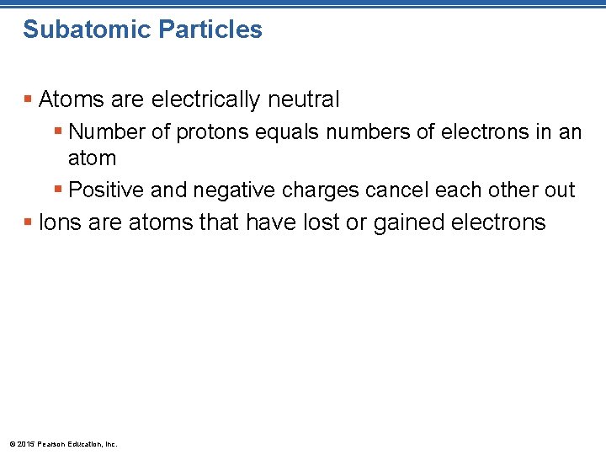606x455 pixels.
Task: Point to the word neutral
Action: coord(304,100)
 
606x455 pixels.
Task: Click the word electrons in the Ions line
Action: coord(500,222)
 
